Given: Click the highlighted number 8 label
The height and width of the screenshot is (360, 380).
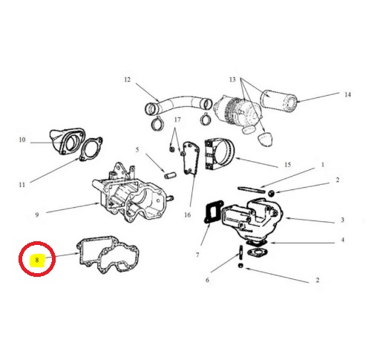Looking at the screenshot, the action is (37, 260).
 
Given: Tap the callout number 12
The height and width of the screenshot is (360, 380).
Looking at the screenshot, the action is (127, 79).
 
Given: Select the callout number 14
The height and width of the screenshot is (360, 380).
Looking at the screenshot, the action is (348, 94).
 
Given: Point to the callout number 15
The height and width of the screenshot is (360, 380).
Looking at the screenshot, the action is (287, 165).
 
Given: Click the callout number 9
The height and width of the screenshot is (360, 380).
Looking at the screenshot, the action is (37, 215).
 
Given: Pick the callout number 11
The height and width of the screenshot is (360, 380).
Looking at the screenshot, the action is (22, 185).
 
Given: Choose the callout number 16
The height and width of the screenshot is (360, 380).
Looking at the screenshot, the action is (188, 215).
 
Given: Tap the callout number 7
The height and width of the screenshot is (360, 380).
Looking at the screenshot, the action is (197, 255).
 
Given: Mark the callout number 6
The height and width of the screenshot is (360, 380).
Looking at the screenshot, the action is (207, 280).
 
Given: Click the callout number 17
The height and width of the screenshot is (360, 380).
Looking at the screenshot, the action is (177, 120).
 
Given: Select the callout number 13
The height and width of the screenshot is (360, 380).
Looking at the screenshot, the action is (232, 79).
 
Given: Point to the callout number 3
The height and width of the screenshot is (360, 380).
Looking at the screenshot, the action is (342, 220).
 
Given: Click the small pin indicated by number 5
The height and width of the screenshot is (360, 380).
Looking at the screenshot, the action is (170, 175).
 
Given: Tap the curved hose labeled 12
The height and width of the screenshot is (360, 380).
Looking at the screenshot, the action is (178, 102).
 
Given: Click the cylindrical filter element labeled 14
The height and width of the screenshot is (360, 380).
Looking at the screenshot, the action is (278, 100).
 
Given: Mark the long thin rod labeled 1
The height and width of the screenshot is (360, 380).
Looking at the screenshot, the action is (251, 190).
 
